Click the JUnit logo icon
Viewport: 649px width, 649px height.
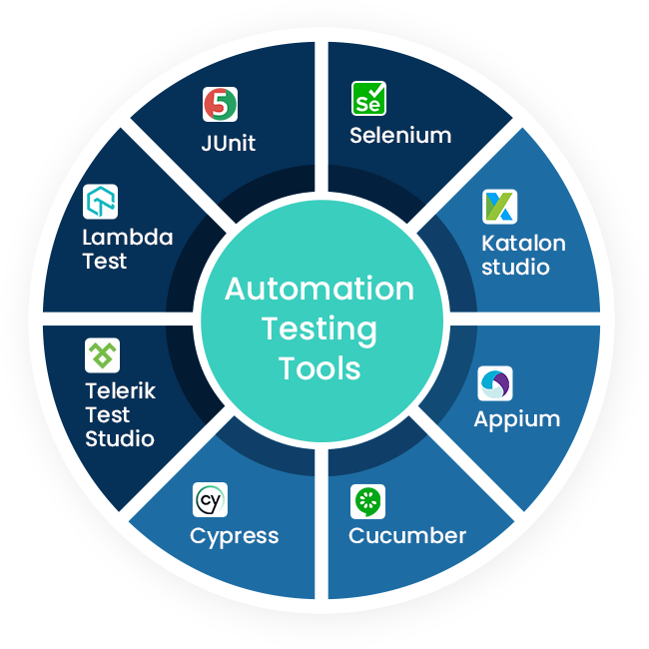click(x=220, y=105)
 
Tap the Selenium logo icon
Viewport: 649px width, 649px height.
click(x=368, y=99)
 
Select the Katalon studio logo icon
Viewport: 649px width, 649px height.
click(x=499, y=206)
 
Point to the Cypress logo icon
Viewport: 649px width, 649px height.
click(x=210, y=499)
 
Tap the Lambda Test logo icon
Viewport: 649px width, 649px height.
click(x=100, y=202)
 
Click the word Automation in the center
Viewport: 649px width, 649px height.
click(x=320, y=289)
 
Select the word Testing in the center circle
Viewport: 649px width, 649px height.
click(x=320, y=328)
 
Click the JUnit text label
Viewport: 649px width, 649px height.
click(x=228, y=143)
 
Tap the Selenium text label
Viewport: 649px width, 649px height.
click(x=400, y=135)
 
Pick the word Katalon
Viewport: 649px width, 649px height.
click(x=523, y=244)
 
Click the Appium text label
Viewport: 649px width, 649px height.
click(x=516, y=419)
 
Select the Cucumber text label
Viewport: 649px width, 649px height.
click(x=407, y=536)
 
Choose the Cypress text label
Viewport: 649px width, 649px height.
click(x=234, y=537)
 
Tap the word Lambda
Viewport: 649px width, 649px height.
click(x=127, y=238)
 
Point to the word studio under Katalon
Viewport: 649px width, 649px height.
click(x=515, y=267)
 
